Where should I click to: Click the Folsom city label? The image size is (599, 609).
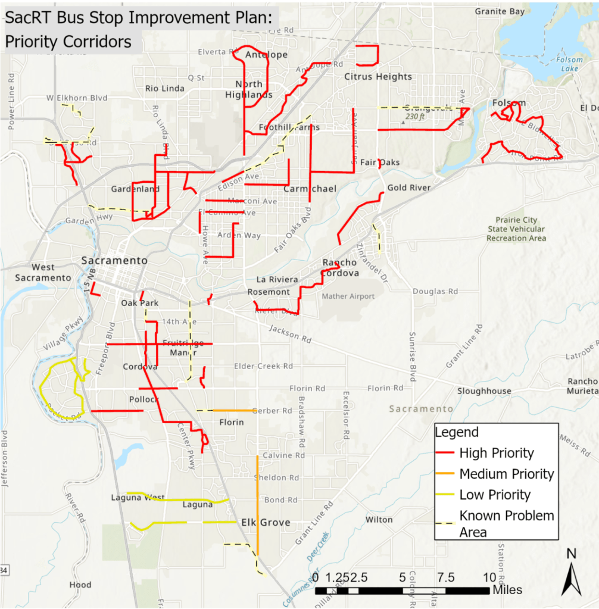point(509,103)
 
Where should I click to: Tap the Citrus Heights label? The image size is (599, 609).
point(378,77)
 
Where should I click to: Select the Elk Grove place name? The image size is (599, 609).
point(266,523)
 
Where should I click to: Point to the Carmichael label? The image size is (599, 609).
point(310,189)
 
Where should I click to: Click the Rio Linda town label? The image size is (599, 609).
point(165,89)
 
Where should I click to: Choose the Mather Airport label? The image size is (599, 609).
point(348,296)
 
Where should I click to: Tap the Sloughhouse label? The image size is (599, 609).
point(484,391)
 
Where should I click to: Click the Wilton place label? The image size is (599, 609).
point(379,520)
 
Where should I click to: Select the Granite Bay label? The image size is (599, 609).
point(500,11)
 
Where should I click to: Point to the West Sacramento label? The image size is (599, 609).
point(43,273)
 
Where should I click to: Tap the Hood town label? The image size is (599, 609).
point(80,585)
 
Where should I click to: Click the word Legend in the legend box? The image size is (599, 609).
point(457,433)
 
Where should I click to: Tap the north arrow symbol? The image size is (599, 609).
point(572,576)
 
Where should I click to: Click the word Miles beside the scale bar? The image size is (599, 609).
point(507,590)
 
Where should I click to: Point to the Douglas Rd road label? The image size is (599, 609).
point(435,292)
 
